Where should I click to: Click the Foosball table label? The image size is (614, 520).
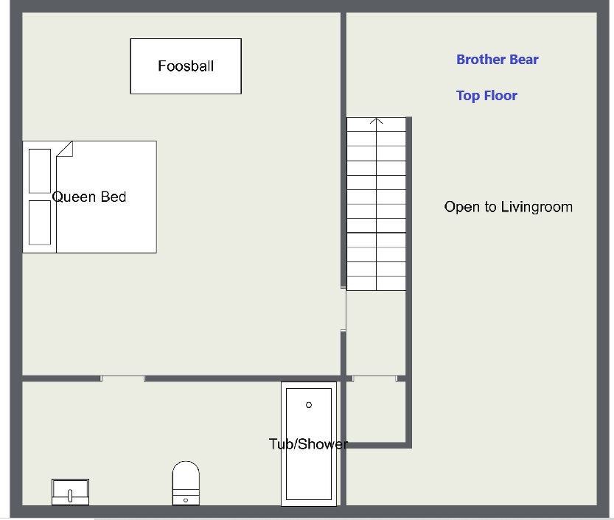click(186, 66)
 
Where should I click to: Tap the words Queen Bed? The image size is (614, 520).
click(89, 197)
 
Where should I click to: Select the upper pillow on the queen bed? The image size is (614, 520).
click(40, 171)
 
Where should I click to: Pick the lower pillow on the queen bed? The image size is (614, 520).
click(40, 222)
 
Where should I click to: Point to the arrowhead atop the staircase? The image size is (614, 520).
click(377, 121)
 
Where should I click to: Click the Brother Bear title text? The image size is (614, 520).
click(498, 60)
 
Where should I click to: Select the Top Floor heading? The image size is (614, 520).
click(486, 96)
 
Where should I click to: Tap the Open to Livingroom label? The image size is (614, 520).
click(509, 207)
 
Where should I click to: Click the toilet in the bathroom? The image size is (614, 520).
click(186, 483)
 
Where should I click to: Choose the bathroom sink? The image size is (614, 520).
click(71, 492)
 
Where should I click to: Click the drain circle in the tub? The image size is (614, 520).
click(309, 405)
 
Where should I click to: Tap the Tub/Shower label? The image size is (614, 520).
click(308, 444)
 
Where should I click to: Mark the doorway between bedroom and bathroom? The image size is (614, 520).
click(123, 379)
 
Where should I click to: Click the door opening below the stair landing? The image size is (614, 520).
click(374, 379)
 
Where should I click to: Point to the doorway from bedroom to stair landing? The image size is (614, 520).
click(343, 309)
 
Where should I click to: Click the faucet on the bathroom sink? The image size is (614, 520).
click(70, 496)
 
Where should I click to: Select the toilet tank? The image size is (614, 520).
click(186, 497)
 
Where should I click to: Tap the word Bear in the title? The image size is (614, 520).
click(524, 60)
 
